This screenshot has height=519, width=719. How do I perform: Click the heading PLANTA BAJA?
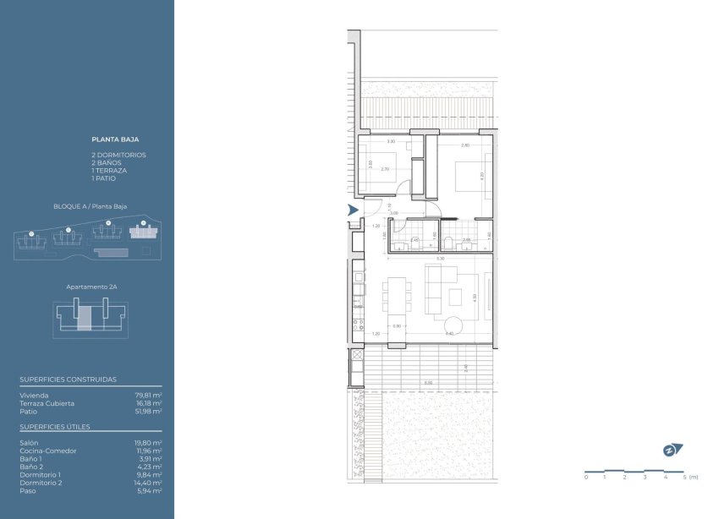pyautogui.click(x=115, y=139)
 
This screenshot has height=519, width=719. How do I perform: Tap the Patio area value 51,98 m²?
pyautogui.click(x=151, y=412)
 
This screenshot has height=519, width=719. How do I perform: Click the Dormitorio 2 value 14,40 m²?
pyautogui.click(x=150, y=482)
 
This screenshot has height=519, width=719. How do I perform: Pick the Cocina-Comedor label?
pyautogui.click(x=47, y=451)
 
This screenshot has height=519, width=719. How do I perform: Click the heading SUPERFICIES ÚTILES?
pyautogui.click(x=55, y=427)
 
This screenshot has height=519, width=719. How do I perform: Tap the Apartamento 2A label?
pyautogui.click(x=91, y=287)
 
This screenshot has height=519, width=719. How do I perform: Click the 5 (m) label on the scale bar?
pyautogui.click(x=691, y=478)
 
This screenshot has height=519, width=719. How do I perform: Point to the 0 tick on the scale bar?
pyautogui.click(x=585, y=478)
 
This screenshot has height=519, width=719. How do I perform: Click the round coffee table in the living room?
pyautogui.click(x=453, y=325)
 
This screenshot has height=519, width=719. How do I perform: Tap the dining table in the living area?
pyautogui.click(x=397, y=300)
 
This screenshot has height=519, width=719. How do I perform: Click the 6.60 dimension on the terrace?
pyautogui.click(x=428, y=383)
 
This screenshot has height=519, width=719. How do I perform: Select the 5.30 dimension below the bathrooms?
pyautogui.click(x=440, y=258)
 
